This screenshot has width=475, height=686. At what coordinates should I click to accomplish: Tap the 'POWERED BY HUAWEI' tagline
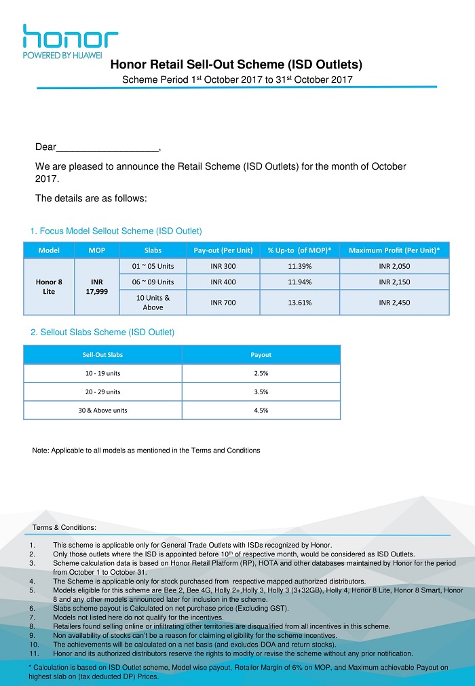click(x=62, y=55)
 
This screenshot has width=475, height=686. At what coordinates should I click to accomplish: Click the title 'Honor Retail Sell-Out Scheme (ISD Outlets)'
click(x=236, y=66)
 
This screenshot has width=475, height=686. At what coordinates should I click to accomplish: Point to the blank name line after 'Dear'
click(x=107, y=147)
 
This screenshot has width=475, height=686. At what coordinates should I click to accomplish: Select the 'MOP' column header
click(x=97, y=250)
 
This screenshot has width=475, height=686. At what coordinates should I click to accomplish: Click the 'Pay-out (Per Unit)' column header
click(x=223, y=250)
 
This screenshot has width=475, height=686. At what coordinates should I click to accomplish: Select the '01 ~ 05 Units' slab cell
click(x=153, y=266)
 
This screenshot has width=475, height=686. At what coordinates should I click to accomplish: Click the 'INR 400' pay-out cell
click(x=223, y=282)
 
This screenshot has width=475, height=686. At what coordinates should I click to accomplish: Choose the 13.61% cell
click(x=299, y=303)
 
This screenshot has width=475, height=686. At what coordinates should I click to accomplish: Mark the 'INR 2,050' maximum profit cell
click(x=394, y=266)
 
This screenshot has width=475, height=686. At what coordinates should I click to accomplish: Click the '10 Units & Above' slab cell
click(x=153, y=303)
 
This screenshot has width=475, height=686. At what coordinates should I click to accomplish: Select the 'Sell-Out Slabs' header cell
click(x=102, y=355)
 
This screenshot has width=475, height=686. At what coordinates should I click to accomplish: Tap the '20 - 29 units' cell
click(x=102, y=392)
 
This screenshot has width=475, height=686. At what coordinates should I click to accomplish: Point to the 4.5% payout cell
click(x=261, y=411)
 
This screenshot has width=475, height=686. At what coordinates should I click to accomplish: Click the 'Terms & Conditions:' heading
click(x=64, y=527)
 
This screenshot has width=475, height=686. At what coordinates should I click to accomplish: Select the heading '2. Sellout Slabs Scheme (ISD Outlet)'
click(x=102, y=332)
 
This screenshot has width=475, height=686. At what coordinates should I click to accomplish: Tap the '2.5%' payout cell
click(x=261, y=374)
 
